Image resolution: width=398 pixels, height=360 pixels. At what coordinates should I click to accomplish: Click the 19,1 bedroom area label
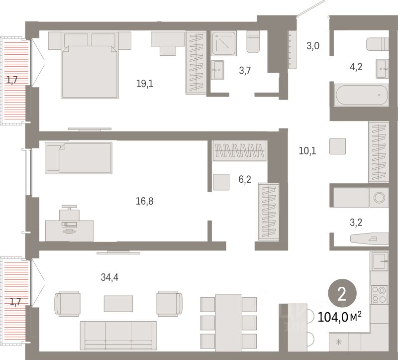(x=144, y=84)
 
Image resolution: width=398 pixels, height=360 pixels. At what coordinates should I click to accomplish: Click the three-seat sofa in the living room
(x=118, y=335)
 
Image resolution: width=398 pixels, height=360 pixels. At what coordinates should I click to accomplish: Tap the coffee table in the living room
(x=118, y=303)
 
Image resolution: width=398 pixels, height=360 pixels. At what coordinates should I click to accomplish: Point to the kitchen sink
(x=380, y=261)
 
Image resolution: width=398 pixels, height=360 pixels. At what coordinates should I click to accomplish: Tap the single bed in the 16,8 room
(x=79, y=158)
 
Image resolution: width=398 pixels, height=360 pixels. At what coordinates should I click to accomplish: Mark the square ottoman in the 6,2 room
(x=221, y=182)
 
